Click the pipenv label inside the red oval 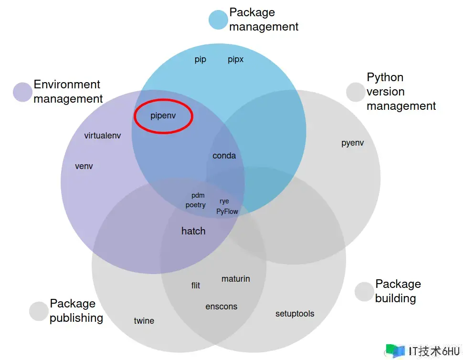coord(163,116)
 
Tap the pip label coord(200,60)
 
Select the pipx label coord(235,60)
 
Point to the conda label coord(224,156)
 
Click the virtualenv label coord(103,136)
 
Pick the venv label coord(84,167)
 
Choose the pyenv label coord(353,143)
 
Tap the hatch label coord(193,231)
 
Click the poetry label coord(196,205)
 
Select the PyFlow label coord(227,211)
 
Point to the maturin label coord(236,279)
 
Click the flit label coord(196,286)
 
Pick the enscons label coord(221,307)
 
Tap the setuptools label coord(295,314)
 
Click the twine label coord(144,321)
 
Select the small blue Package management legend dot coord(218,20)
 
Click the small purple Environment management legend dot coord(22,92)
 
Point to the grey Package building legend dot coord(364,292)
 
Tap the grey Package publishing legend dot coord(39,311)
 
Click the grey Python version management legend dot coord(356,92)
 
